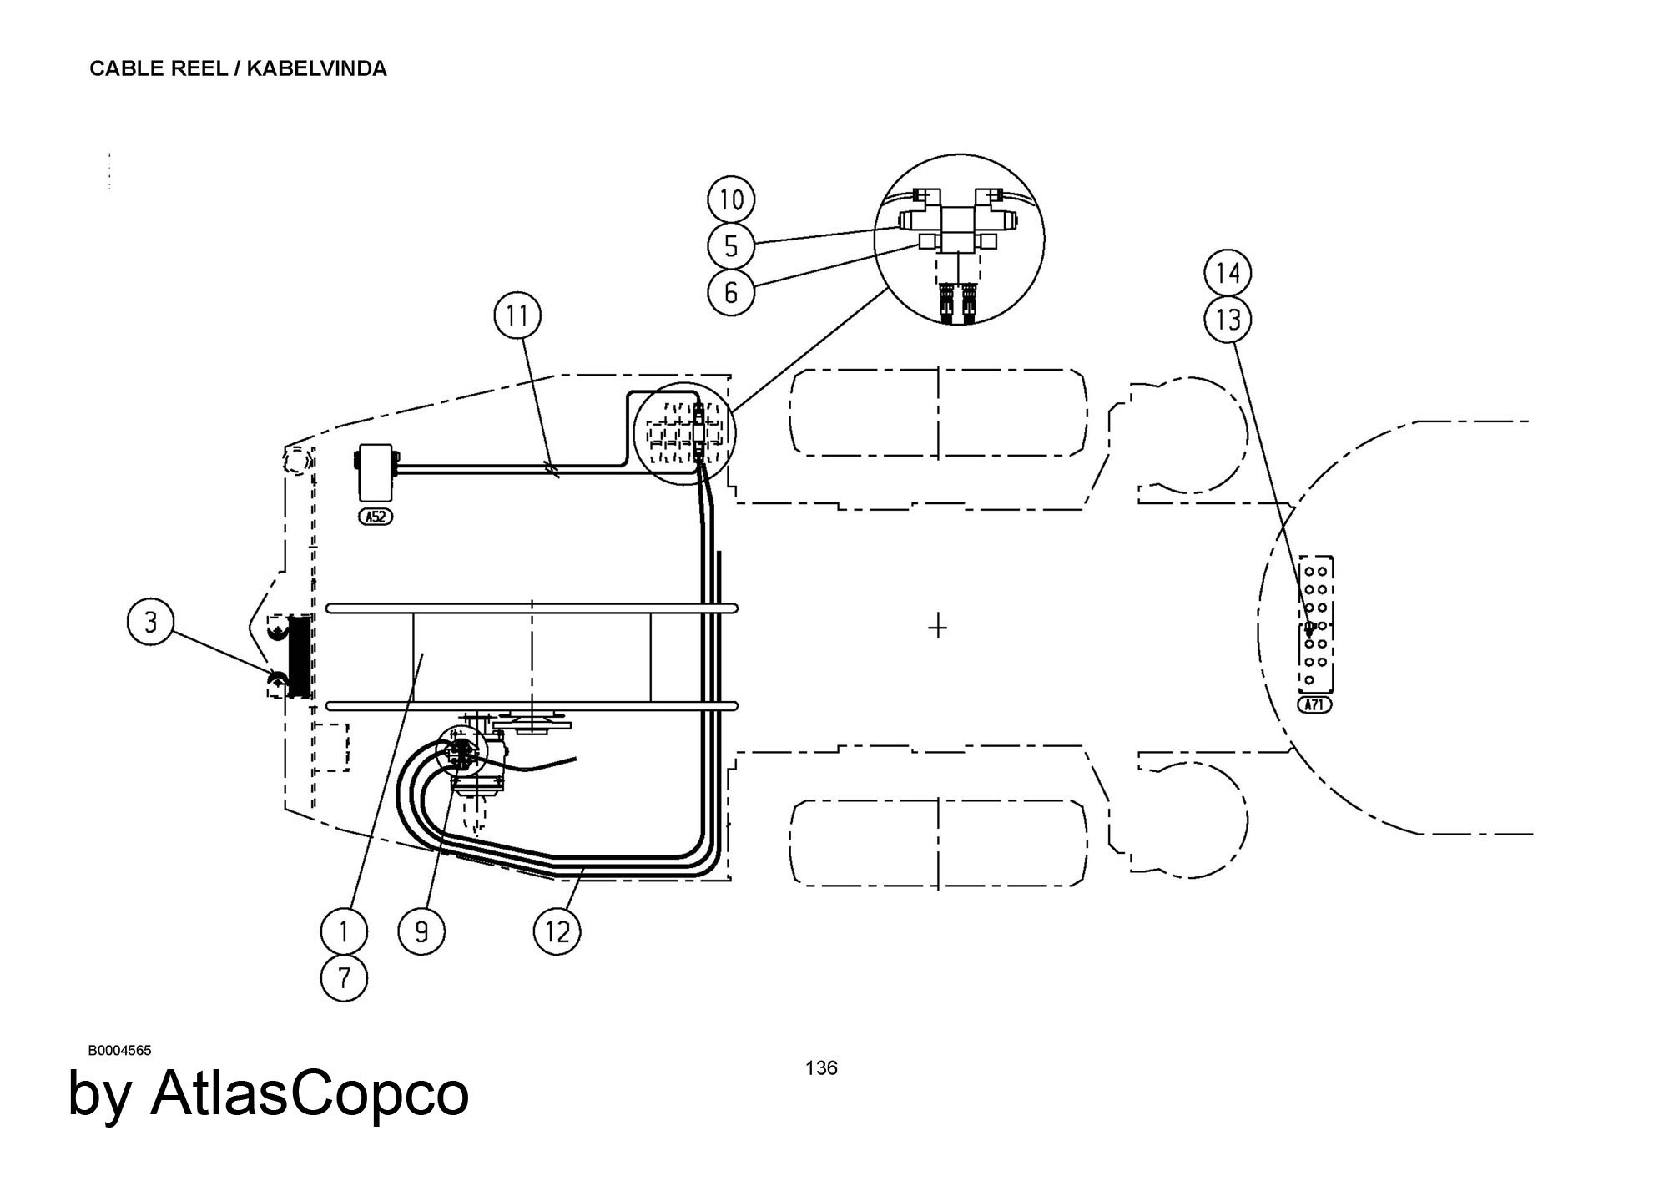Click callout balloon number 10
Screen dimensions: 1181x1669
(731, 200)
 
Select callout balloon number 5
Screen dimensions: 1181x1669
(731, 246)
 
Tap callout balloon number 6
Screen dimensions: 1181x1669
(731, 292)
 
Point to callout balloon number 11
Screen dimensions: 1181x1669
(517, 316)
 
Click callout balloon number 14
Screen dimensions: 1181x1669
(1228, 273)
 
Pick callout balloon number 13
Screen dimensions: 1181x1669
(1228, 319)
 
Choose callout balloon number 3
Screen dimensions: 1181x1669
(150, 623)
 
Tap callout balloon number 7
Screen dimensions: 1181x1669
(345, 977)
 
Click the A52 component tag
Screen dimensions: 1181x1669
(376, 517)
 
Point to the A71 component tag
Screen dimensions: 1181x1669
(1315, 705)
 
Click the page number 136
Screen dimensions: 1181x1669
(821, 1067)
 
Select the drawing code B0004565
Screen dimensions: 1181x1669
(120, 1051)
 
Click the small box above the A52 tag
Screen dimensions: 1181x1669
(376, 472)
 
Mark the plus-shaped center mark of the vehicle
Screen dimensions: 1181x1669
(938, 626)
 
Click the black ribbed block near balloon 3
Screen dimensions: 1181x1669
(298, 656)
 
